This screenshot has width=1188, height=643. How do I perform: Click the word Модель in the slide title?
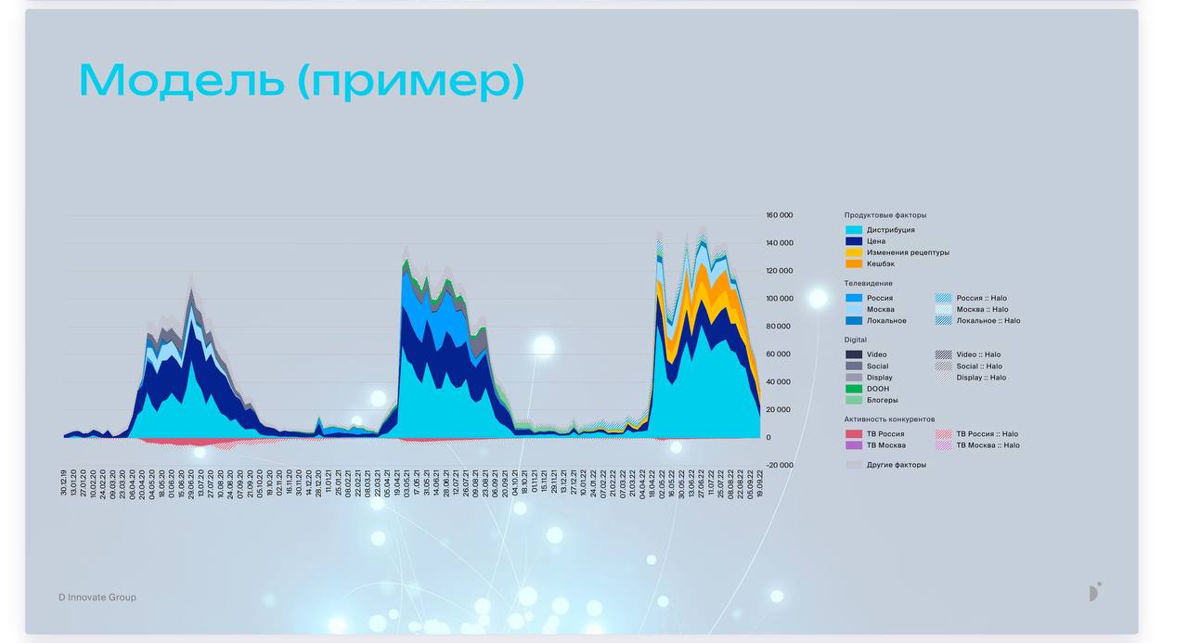[182, 81]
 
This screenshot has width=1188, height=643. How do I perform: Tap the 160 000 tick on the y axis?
[779, 215]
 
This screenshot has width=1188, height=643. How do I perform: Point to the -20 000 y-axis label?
[779, 465]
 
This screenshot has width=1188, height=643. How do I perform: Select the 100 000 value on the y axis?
[779, 299]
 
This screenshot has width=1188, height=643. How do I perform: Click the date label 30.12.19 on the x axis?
[64, 483]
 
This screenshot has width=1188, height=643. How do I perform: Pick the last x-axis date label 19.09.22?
[760, 483]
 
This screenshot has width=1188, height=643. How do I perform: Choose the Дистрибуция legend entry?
[890, 230]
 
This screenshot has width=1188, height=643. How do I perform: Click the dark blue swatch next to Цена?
[854, 241]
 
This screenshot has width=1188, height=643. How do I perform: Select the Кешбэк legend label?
[881, 264]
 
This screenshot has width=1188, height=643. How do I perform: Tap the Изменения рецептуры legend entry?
[908, 252]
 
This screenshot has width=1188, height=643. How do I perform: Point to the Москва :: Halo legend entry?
[981, 310]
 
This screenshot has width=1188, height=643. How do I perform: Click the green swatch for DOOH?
[854, 389]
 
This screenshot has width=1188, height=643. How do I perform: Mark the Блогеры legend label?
[882, 401]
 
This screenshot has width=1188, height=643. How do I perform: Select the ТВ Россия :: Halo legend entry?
[987, 434]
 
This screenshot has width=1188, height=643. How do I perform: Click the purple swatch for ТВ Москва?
[854, 445]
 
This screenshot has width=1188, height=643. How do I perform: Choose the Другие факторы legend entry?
[896, 465]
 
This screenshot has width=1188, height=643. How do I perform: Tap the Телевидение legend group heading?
[868, 283]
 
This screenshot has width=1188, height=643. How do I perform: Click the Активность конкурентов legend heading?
[889, 419]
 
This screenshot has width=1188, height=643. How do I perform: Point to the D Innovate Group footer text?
[97, 598]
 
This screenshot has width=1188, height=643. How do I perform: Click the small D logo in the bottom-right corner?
[1095, 592]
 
